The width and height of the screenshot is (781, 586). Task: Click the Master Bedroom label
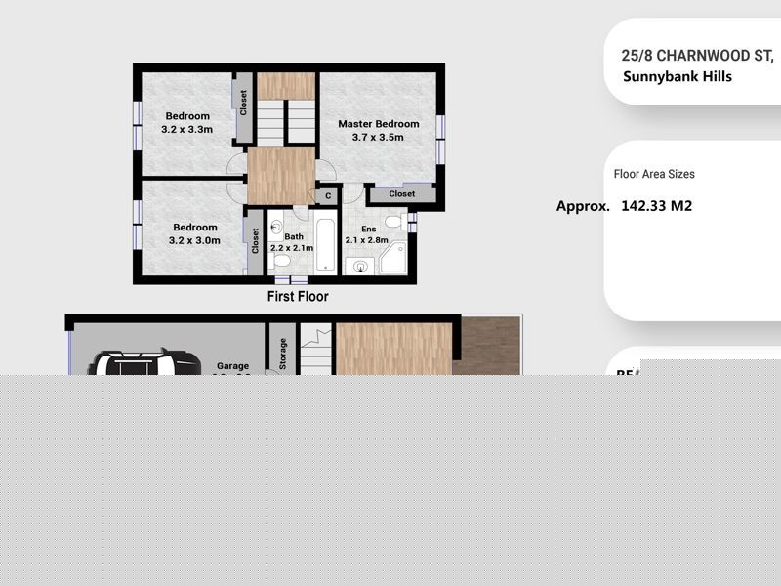[x=379, y=124]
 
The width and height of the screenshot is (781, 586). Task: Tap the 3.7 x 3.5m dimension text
[x=379, y=138]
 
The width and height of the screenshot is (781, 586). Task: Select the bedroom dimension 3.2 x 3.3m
[x=187, y=129]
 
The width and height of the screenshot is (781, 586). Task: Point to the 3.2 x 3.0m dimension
[x=195, y=240]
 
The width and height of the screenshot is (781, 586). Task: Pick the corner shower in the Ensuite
[x=394, y=257]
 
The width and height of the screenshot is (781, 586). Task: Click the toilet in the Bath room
[x=281, y=262]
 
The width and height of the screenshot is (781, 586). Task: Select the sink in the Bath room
[x=275, y=226]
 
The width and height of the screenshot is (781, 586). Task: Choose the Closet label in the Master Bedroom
[x=401, y=194]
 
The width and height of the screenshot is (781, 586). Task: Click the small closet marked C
[x=328, y=196]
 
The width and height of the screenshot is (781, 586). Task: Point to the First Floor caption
[x=298, y=296]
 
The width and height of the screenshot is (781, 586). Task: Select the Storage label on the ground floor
[x=283, y=352]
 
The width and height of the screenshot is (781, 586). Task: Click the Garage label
[x=232, y=367]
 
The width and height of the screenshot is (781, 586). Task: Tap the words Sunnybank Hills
[x=677, y=76]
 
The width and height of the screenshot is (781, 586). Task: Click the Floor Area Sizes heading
[x=654, y=174]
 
